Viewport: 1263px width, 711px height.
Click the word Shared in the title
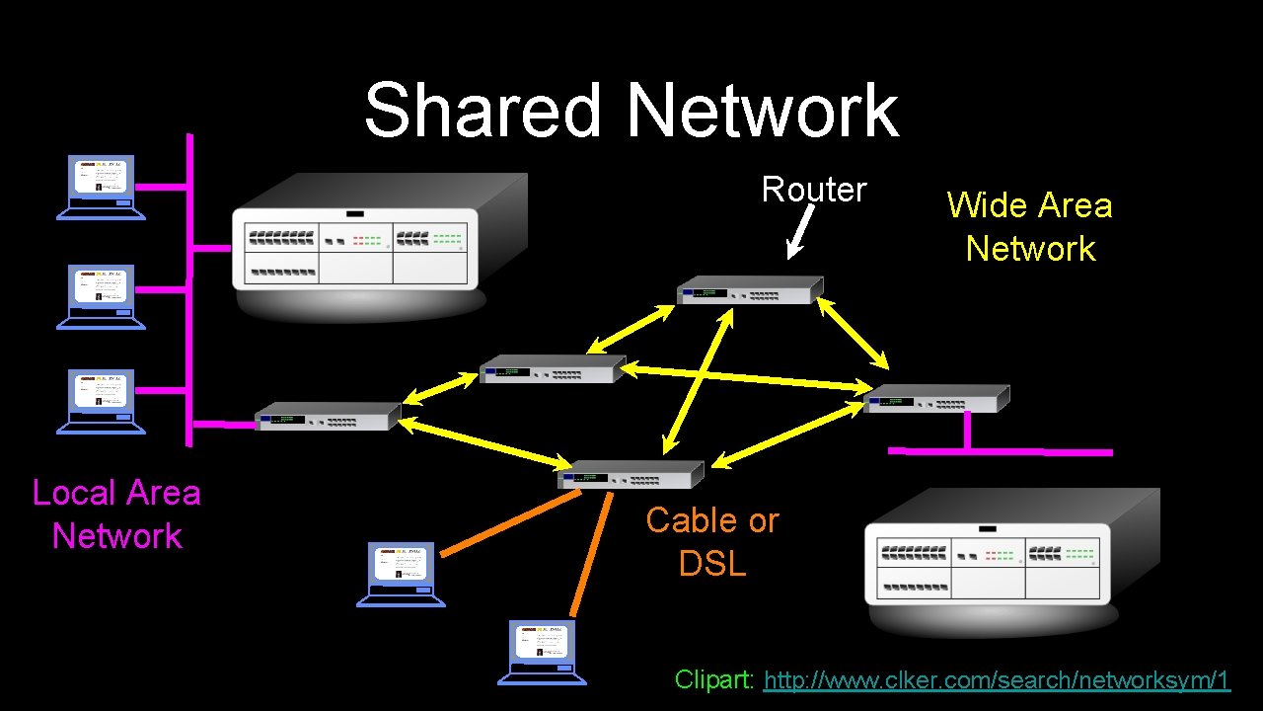coord(483,110)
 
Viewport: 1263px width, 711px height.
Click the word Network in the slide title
coord(762,110)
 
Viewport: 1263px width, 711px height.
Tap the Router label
coord(813,189)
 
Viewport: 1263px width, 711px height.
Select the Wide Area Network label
coord(1029,226)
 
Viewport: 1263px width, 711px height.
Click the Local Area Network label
coord(116,513)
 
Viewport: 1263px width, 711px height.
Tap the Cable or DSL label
coord(711,541)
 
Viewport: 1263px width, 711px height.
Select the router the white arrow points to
coord(750,289)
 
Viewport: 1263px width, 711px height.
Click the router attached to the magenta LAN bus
coord(328,416)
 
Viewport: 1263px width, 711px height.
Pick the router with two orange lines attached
coord(631,475)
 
